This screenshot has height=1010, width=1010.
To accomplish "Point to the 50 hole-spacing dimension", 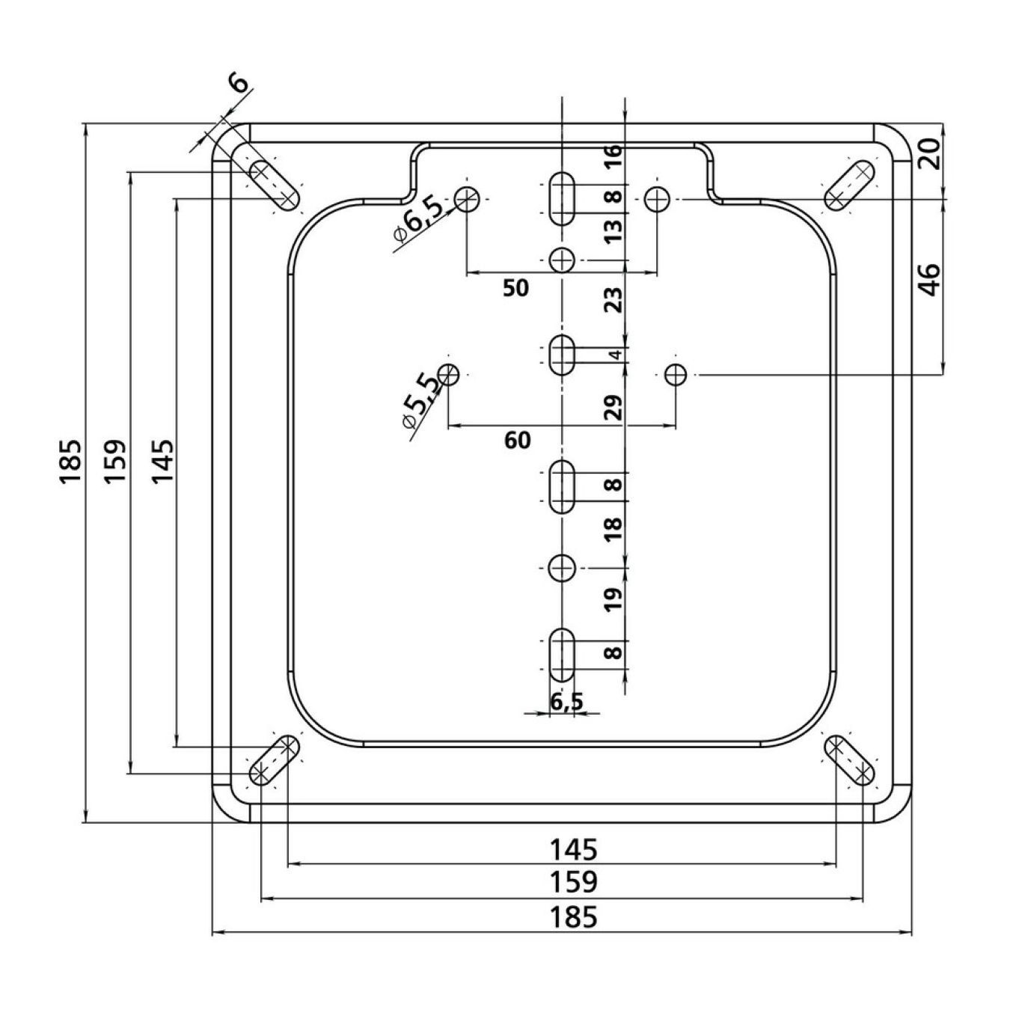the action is point(515,288).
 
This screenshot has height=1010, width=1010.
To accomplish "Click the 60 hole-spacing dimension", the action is point(517,440).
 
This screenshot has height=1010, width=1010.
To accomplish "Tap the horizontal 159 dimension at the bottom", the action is point(573,882).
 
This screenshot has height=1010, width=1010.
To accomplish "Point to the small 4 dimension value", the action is point(617,355).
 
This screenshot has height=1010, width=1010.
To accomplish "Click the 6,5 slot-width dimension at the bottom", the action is point(566,701).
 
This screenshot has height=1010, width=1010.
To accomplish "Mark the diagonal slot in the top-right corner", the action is point(850,186).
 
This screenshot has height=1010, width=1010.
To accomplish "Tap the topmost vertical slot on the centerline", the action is point(563,199).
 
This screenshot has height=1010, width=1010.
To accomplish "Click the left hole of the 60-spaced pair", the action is point(449,375).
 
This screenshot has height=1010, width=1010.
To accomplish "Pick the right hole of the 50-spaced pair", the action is point(658,199).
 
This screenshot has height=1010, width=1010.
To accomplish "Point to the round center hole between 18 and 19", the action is point(563,568).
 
